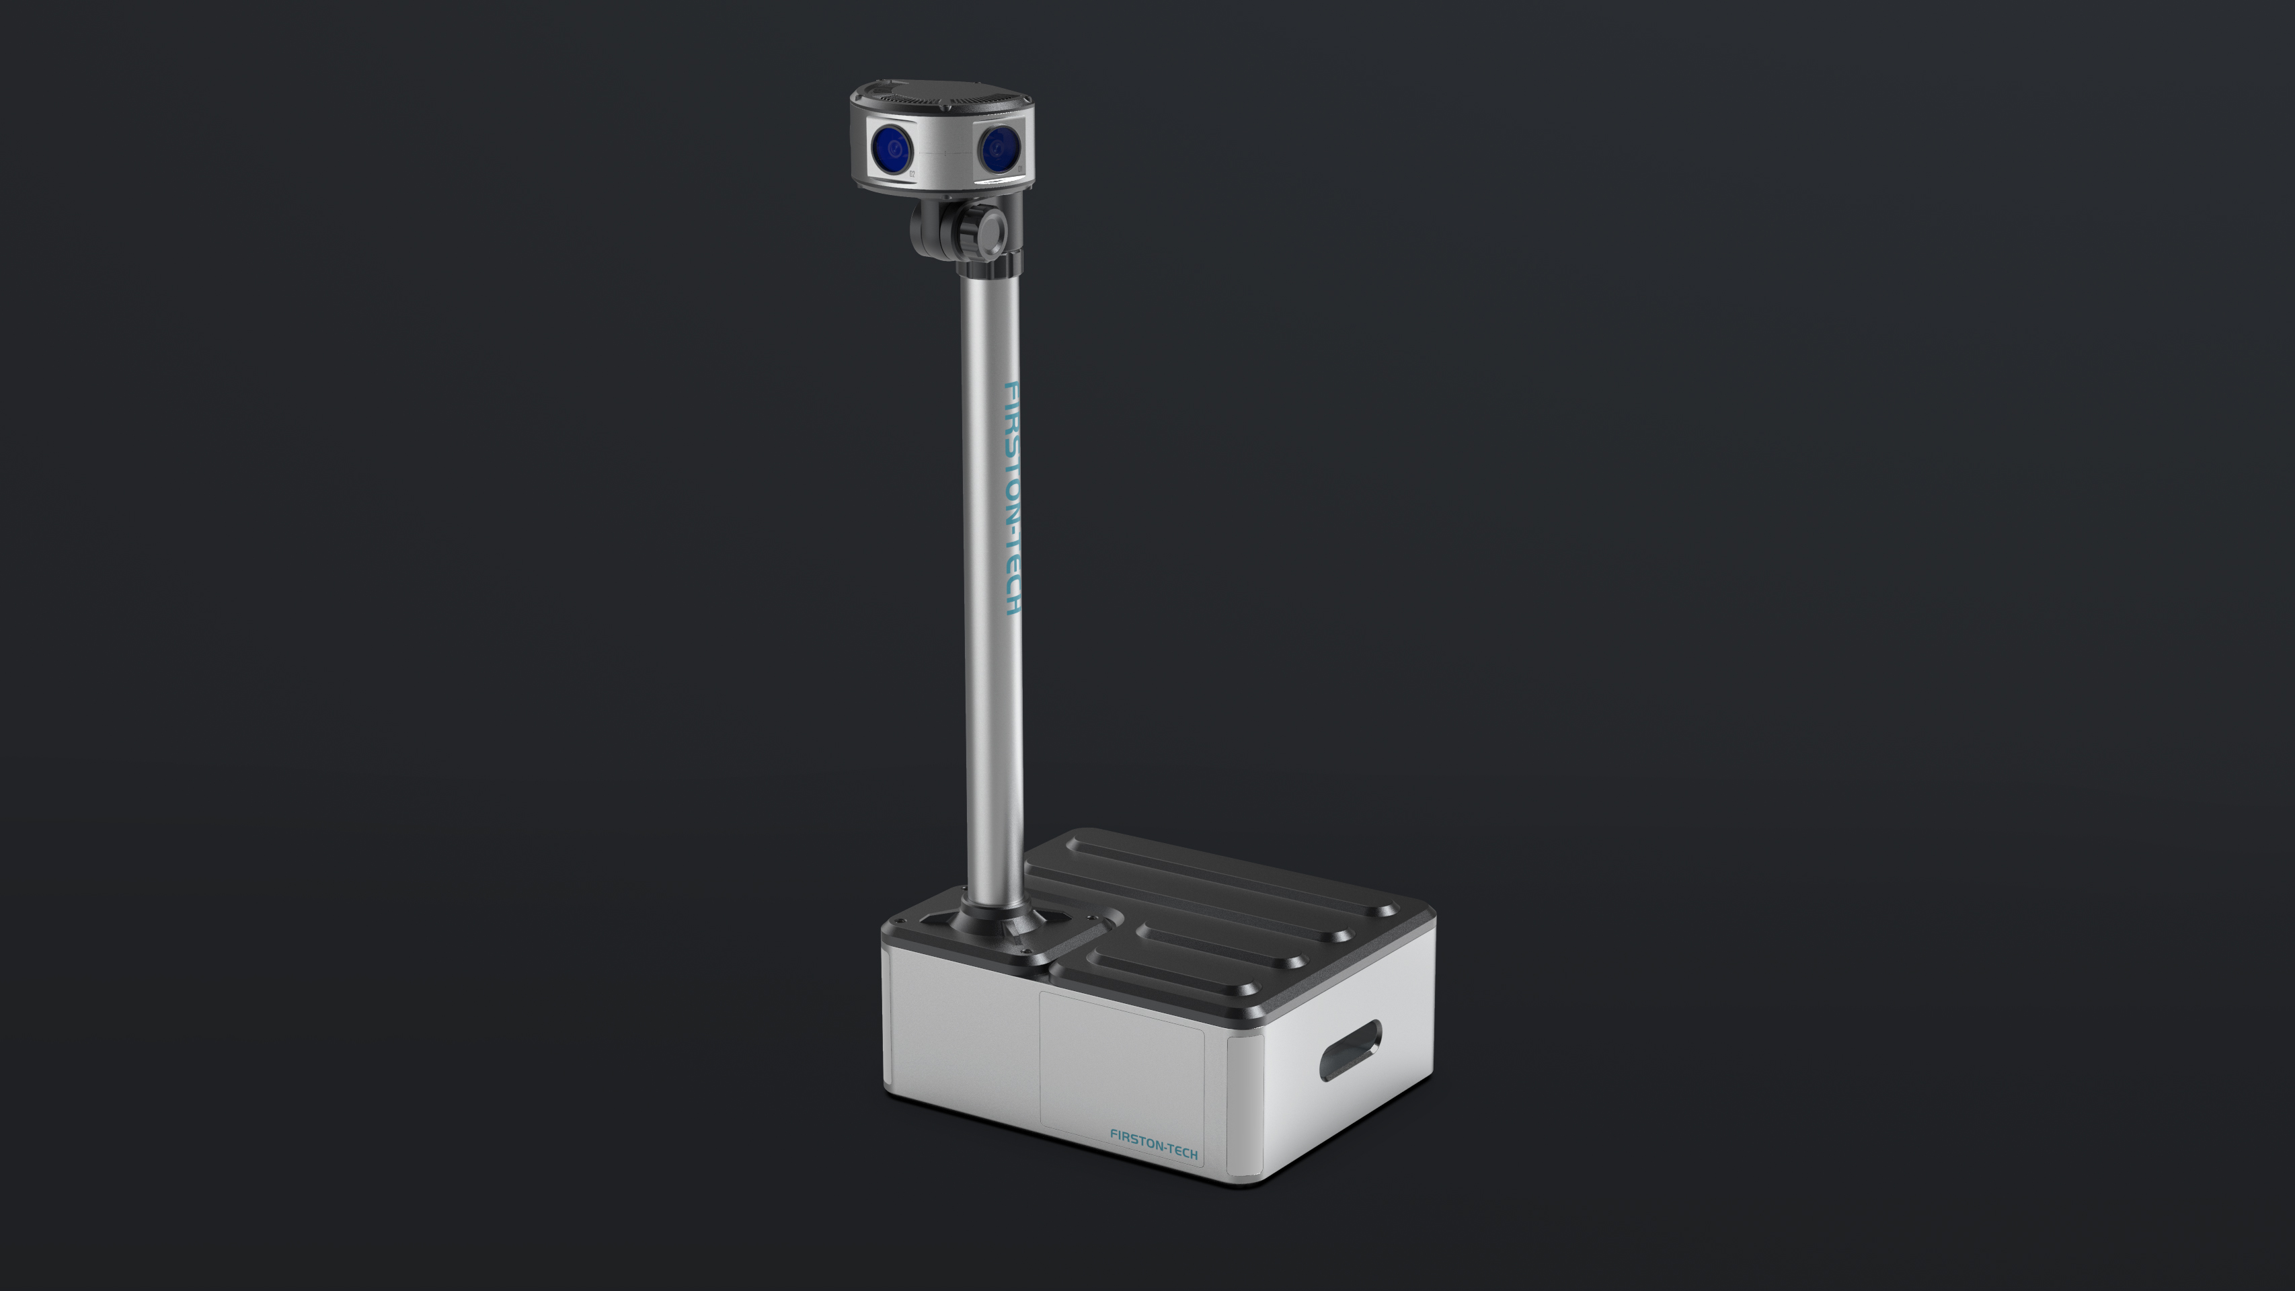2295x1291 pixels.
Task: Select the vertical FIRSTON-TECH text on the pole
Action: pos(1011,499)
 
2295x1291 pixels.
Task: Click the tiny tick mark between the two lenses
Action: pos(944,154)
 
